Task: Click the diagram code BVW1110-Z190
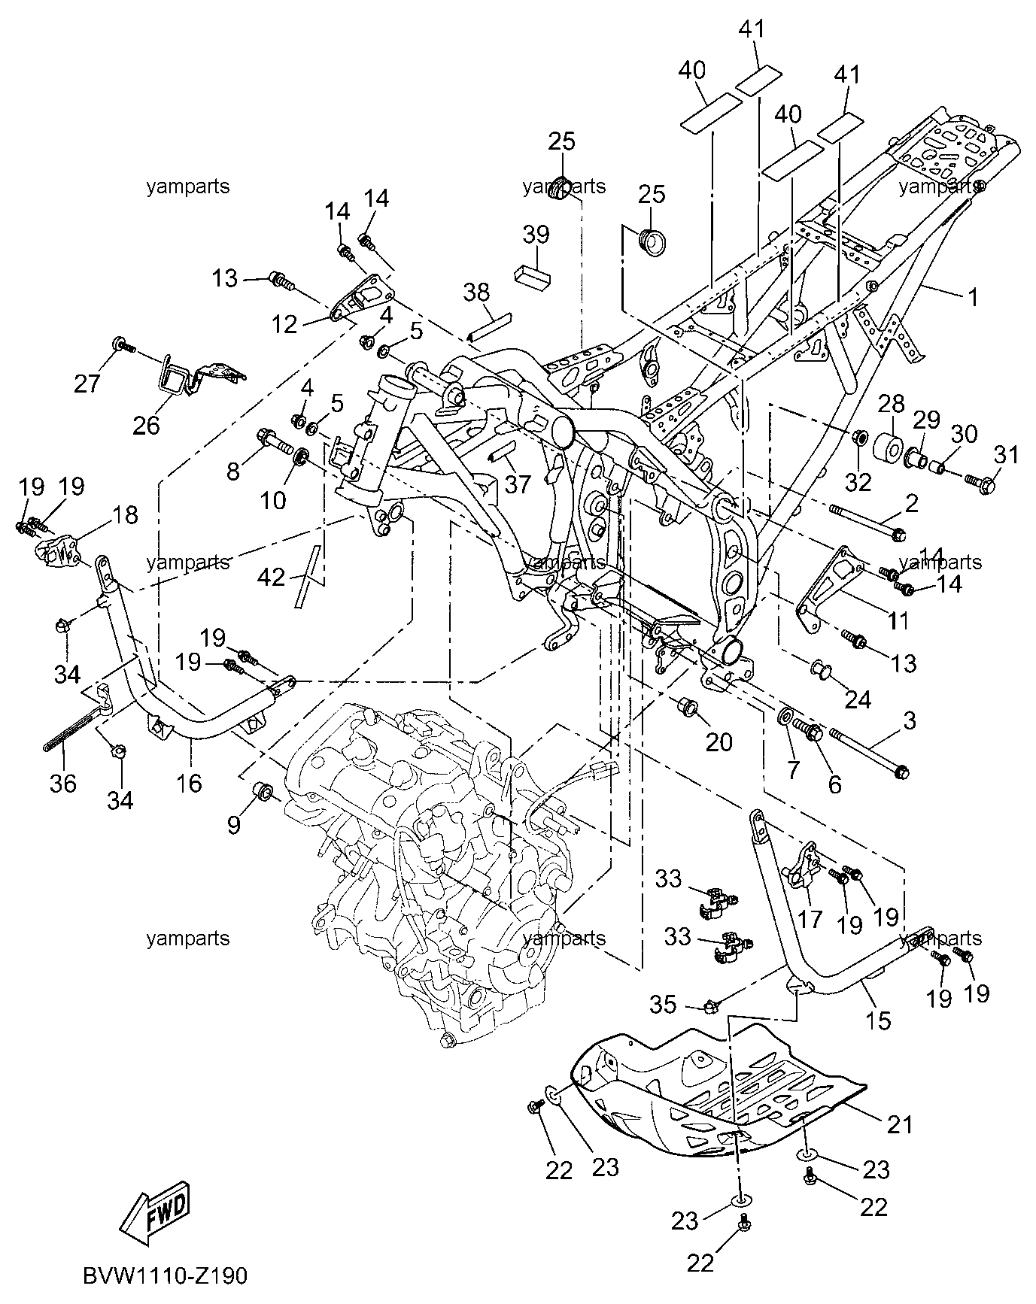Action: [x=166, y=1277]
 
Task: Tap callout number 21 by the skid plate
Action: [x=901, y=1125]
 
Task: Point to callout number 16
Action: [x=189, y=783]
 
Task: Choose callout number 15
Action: [x=878, y=1020]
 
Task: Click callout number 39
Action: [x=536, y=235]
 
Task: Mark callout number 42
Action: [x=272, y=578]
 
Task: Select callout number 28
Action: [x=892, y=405]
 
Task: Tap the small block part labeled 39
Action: [x=533, y=275]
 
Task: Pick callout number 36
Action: [x=63, y=783]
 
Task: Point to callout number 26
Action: [x=147, y=426]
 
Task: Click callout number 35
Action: [x=663, y=1005]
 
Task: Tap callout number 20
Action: [x=719, y=741]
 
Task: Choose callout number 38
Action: [x=476, y=292]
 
